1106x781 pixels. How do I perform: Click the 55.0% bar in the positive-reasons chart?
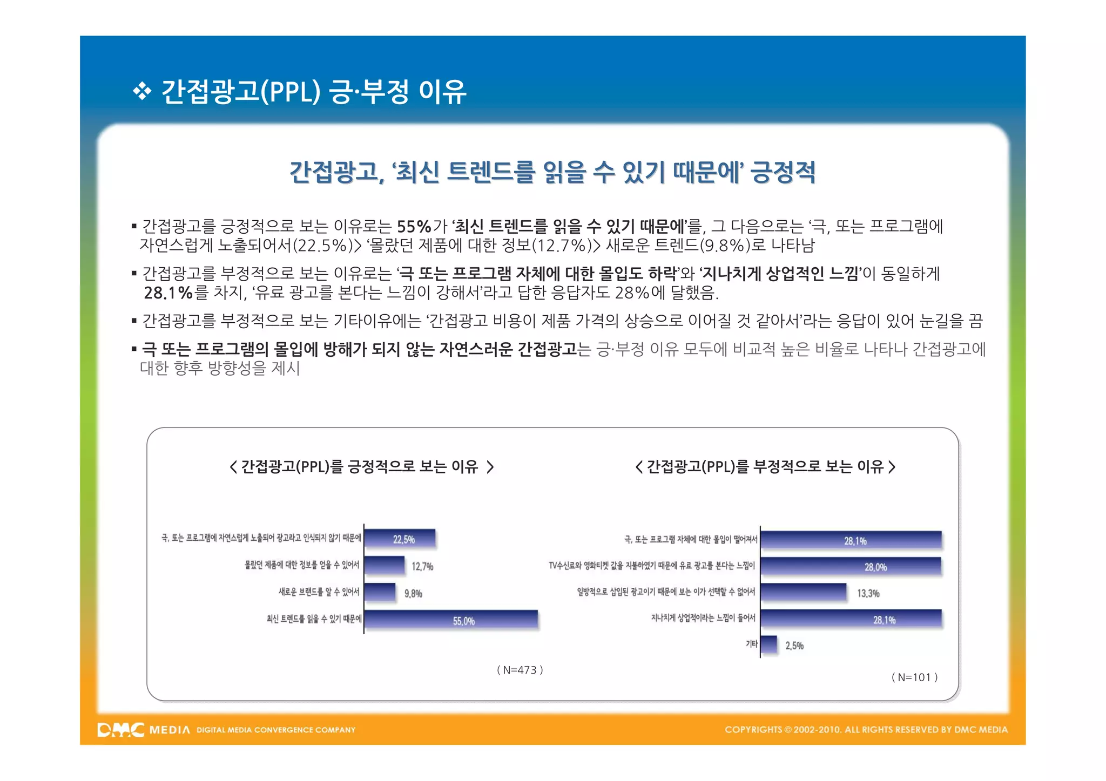point(451,620)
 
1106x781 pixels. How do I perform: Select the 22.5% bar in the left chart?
point(400,539)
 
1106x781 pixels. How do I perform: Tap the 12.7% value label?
point(422,566)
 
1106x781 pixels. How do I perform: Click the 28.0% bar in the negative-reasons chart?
point(851,567)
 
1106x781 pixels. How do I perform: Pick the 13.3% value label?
point(868,593)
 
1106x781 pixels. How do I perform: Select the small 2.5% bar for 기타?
point(769,645)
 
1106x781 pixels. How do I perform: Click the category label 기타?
point(751,644)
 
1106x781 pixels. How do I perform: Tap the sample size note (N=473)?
point(520,670)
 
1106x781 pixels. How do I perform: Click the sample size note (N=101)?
point(914,677)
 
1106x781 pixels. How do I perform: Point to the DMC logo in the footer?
point(121,730)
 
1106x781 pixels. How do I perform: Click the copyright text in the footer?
point(866,730)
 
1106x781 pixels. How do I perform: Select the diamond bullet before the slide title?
point(142,91)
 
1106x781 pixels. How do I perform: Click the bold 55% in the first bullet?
point(414,226)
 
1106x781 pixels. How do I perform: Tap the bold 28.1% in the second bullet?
point(168,293)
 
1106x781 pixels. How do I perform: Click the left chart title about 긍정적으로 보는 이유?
point(361,466)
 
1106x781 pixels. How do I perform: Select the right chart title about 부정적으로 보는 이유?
point(765,466)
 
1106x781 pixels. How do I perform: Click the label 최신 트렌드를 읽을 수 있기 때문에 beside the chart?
point(314,619)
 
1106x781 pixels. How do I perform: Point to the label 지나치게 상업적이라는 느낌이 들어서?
point(703,618)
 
